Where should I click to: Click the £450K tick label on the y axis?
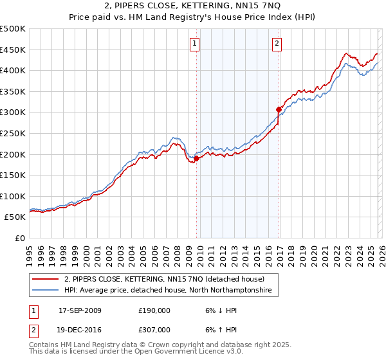pyautogui.click(x=13, y=50)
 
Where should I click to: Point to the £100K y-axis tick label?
pyautogui.click(x=13, y=196)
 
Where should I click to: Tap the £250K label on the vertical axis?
pyautogui.click(x=13, y=133)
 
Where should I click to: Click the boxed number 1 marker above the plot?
pyautogui.click(x=195, y=44)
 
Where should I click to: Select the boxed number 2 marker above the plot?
pyautogui.click(x=276, y=44)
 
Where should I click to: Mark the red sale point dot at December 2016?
pyautogui.click(x=279, y=109)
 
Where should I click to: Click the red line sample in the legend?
pyautogui.click(x=46, y=280)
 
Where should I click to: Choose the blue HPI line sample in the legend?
pyautogui.click(x=46, y=291)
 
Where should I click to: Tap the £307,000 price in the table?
pyautogui.click(x=154, y=329)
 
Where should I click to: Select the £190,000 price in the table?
pyautogui.click(x=154, y=310)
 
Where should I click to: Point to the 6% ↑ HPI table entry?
pyautogui.click(x=219, y=329)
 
